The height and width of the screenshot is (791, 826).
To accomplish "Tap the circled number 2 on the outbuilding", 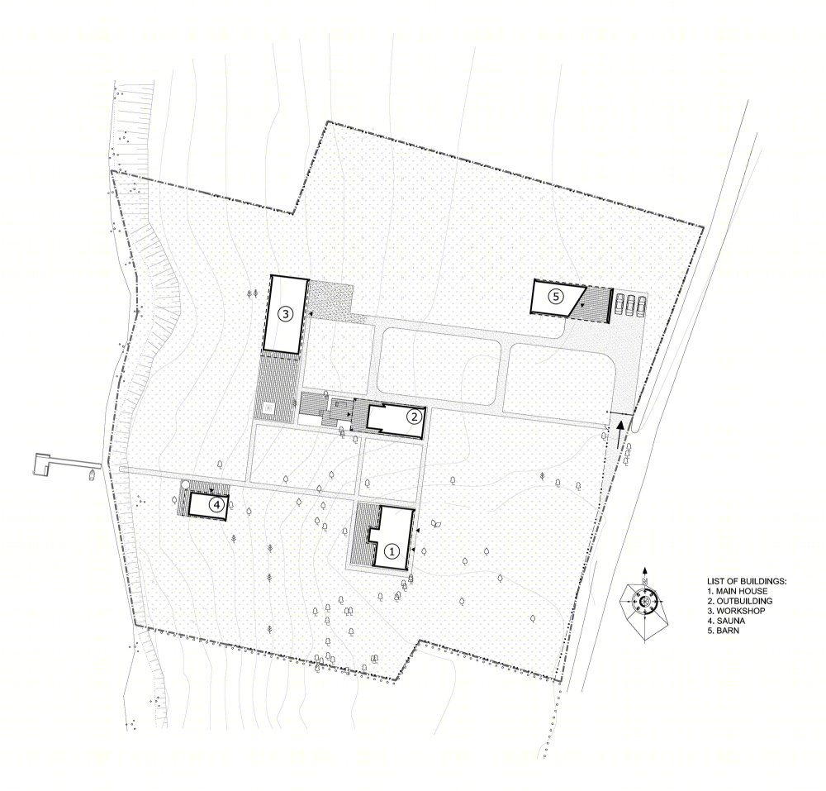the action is coord(414,417).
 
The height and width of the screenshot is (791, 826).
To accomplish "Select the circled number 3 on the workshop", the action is coord(285,315).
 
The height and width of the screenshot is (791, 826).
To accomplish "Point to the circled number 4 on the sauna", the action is coord(216,505).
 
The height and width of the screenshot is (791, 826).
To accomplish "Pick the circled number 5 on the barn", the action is coord(555,296).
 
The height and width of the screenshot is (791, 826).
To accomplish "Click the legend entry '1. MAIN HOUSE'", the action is coord(737,591).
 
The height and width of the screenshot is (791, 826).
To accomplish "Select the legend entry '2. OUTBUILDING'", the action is coord(739,601).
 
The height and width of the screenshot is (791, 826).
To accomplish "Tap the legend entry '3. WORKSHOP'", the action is coord(736,611).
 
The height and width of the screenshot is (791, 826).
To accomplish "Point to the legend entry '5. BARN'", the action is coord(724,631).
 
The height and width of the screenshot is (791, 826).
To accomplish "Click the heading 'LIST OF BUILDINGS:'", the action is coord(747,581).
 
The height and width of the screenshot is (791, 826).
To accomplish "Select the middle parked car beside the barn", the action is coord(630,306).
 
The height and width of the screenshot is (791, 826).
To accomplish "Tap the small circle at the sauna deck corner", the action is coord(184,484).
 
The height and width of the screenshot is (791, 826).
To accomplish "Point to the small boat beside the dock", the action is coord(93,474).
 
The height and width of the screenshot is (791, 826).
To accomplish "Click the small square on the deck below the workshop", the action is coord(269,407).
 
